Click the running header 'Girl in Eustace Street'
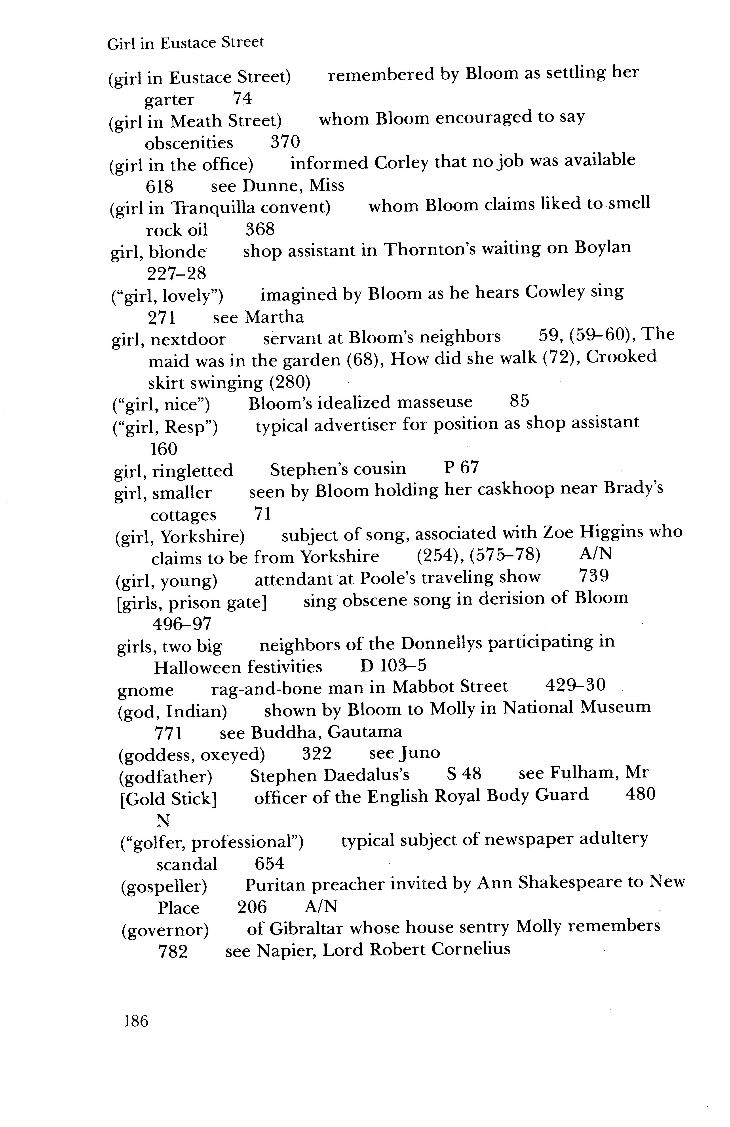[185, 43]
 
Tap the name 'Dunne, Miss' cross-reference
[293, 186]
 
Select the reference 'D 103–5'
[393, 666]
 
